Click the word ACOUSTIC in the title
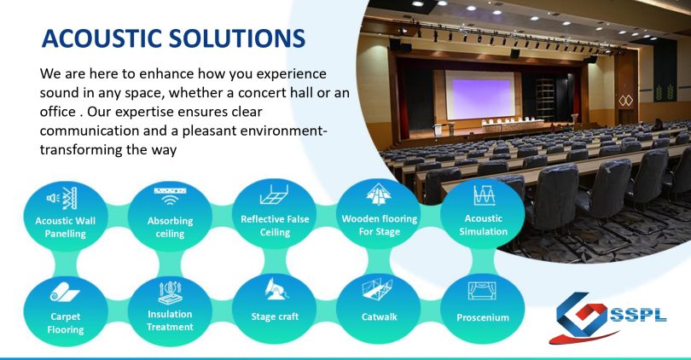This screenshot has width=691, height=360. tap(102, 38)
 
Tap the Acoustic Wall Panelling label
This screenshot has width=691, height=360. tap(65, 227)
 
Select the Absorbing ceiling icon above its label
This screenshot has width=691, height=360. tap(170, 196)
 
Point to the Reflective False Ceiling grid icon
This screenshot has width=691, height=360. tap(274, 195)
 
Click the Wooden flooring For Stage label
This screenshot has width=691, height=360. tap(380, 225)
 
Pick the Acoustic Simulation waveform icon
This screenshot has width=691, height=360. tap(485, 195)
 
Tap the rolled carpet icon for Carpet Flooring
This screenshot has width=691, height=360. tap(64, 292)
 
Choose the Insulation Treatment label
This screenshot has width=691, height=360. tap(170, 321)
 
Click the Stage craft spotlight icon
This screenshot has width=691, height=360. tap(276, 288)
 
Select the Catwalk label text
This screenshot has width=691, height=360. tap(379, 316)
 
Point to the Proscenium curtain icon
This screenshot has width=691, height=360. tap(482, 291)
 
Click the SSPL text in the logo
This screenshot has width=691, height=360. tap(639, 316)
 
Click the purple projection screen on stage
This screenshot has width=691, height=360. tap(480, 95)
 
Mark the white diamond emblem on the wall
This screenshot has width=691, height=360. tap(626, 101)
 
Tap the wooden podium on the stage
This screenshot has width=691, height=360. tap(438, 130)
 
